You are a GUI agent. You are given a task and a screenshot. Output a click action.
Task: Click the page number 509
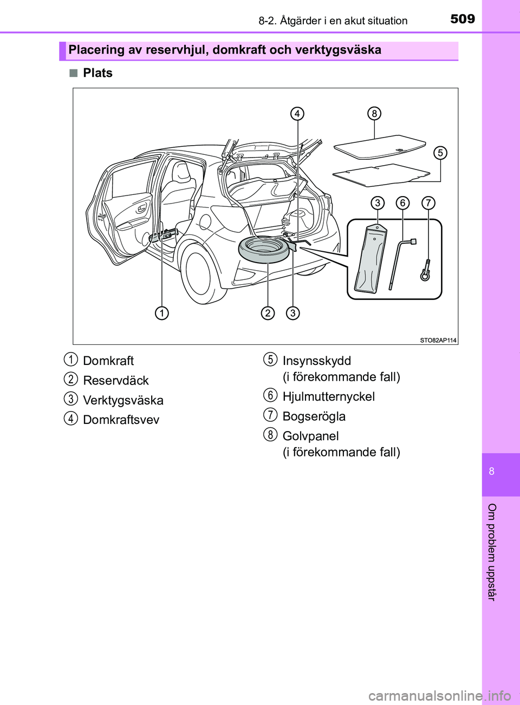(462, 19)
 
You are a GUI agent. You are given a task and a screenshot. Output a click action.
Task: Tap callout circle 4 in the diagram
(297, 114)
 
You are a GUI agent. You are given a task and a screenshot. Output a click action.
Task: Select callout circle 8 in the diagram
(374, 114)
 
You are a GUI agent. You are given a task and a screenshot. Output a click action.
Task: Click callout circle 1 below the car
(161, 313)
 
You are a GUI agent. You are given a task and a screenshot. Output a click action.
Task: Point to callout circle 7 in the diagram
(428, 203)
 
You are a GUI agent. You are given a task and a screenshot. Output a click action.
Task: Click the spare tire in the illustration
(264, 249)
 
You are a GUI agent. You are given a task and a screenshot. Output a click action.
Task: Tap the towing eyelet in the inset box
(426, 271)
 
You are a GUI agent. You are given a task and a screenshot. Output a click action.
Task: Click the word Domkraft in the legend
(108, 361)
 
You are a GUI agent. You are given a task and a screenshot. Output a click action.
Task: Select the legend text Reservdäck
(116, 381)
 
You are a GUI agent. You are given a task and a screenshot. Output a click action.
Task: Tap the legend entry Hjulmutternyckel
(328, 397)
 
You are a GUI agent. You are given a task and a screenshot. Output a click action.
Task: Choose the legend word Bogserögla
(314, 416)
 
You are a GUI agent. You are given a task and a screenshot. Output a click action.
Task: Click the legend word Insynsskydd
(316, 361)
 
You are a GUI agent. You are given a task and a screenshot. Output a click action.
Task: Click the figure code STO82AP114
(438, 340)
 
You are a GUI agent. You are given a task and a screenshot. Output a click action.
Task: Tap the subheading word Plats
(97, 73)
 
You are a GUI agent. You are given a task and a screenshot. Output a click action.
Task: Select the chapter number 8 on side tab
(491, 471)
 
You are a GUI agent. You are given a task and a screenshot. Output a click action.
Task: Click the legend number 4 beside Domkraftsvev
(70, 418)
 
